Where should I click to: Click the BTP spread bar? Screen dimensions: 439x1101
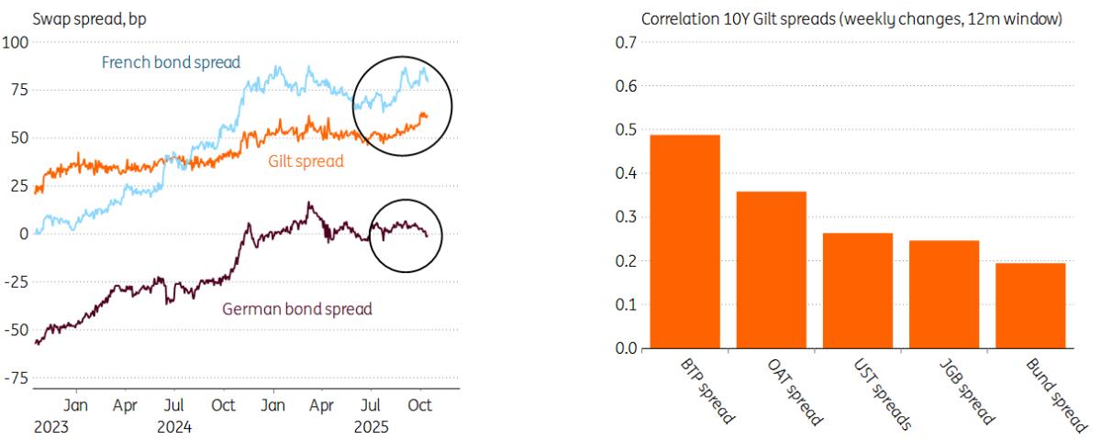[x=684, y=242]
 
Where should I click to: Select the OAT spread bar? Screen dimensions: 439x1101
[x=771, y=270]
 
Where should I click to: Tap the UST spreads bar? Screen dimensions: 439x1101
[x=857, y=291]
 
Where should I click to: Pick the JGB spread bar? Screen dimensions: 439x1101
[x=943, y=295]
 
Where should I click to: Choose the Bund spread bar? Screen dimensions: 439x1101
[x=1030, y=306]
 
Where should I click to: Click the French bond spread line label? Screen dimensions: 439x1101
[x=171, y=63]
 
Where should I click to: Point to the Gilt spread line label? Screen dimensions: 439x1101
[x=306, y=161]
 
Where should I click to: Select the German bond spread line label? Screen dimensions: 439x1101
[x=297, y=309]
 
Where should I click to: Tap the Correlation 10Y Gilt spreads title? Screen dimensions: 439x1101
[x=851, y=19]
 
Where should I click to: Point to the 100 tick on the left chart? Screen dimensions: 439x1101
[x=17, y=42]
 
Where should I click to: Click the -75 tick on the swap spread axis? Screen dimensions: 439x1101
[x=17, y=378]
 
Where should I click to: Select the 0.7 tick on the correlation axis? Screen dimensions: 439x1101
[x=626, y=42]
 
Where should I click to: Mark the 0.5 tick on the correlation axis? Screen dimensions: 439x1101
[x=626, y=130]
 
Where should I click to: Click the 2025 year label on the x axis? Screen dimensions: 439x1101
[x=372, y=425]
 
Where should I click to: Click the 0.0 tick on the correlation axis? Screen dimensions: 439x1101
[x=626, y=349]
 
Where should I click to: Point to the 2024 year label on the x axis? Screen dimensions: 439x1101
[x=174, y=425]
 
